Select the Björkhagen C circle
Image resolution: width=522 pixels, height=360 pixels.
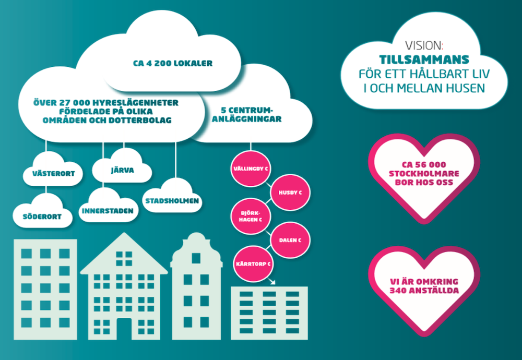point(250,216)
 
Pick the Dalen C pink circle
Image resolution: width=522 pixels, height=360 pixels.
point(291,240)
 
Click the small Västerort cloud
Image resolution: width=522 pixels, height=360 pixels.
point(53,173)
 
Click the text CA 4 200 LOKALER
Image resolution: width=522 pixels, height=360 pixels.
point(173,64)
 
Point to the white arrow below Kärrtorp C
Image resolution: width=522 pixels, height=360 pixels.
point(271,282)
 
